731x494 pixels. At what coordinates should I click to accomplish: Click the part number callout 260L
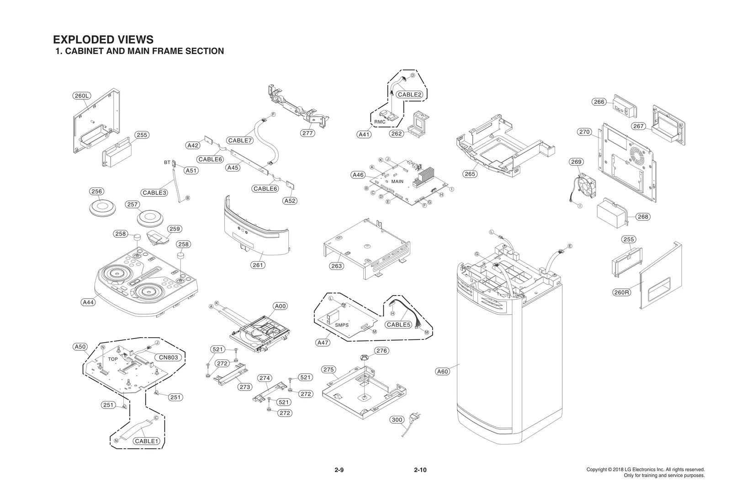(x=82, y=96)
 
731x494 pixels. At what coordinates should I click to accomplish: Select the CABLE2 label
(x=409, y=95)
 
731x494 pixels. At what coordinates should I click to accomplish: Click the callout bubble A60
(x=443, y=371)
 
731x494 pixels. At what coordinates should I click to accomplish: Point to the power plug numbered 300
(x=415, y=417)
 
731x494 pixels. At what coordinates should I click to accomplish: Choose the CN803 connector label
(x=169, y=357)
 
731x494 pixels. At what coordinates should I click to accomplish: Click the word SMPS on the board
(x=342, y=325)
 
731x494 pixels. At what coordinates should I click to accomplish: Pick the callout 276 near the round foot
(x=381, y=351)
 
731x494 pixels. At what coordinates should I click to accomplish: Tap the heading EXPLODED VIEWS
(x=103, y=40)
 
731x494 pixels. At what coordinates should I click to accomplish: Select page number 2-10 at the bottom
(x=420, y=470)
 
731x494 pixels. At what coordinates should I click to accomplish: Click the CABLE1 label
(x=147, y=441)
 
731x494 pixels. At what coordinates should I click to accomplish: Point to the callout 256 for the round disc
(x=96, y=191)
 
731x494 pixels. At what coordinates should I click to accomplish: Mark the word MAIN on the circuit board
(x=397, y=182)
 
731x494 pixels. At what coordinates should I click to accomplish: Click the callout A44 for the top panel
(x=88, y=302)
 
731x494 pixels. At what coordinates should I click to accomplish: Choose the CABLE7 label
(x=240, y=140)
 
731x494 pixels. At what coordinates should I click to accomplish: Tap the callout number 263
(x=336, y=266)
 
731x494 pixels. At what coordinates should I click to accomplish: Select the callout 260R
(x=621, y=292)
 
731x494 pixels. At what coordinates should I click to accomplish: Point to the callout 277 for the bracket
(x=308, y=133)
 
